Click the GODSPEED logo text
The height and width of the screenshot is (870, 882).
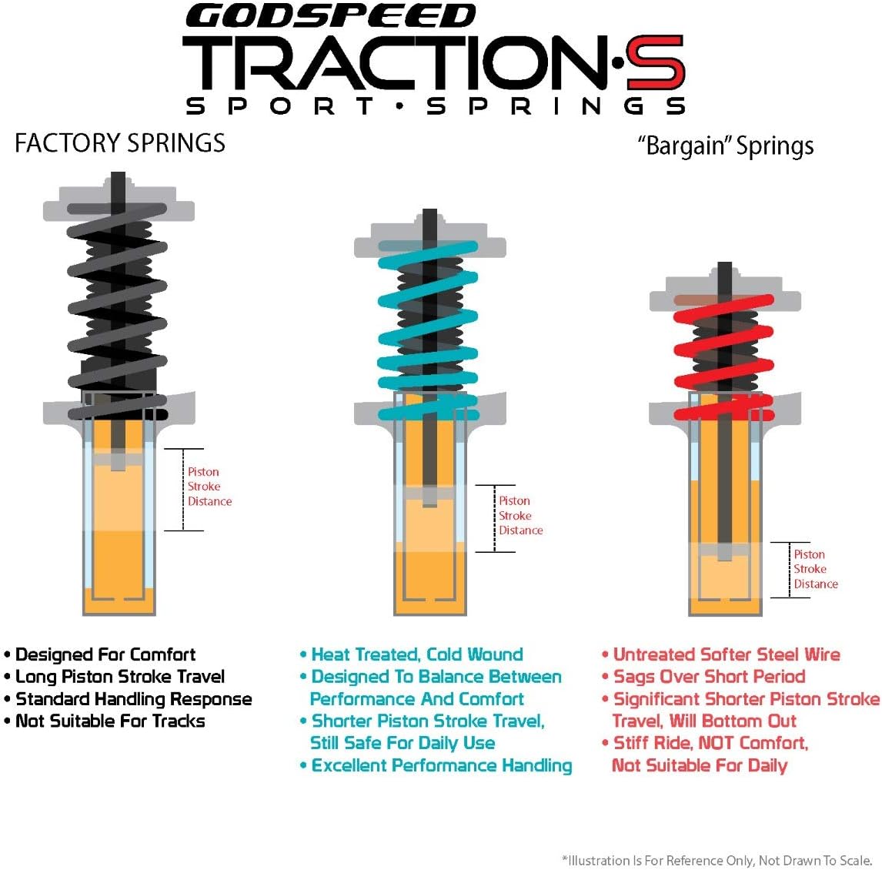330,15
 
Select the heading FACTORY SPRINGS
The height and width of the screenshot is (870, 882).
120,143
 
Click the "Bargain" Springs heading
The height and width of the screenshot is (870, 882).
726,146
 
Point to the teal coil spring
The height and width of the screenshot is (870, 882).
428,331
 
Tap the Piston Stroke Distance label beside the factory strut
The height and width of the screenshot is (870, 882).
209,487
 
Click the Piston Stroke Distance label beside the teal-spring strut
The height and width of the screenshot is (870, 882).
520,516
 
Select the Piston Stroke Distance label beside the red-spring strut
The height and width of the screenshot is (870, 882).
815,569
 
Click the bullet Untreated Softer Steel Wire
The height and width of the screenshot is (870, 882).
726,654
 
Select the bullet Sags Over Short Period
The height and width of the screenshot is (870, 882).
709,677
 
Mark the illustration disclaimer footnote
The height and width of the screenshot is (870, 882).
717,860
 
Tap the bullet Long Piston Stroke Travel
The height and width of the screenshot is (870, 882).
120,677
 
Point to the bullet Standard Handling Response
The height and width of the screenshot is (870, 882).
133,699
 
